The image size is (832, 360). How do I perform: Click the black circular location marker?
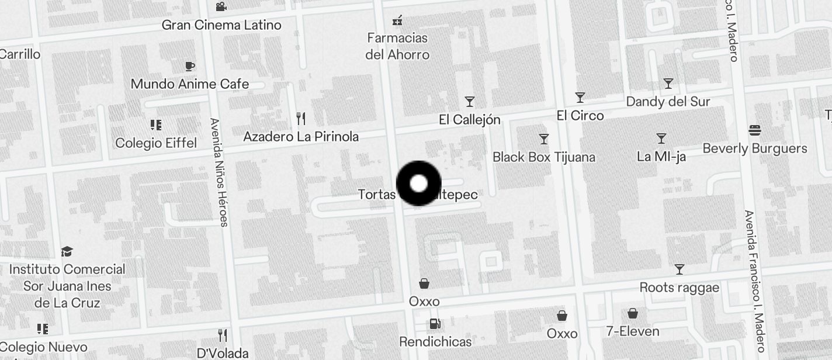coord(418,184)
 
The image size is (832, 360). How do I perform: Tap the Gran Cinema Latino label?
coord(221,25)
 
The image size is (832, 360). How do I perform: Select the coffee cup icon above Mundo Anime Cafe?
coord(189,66)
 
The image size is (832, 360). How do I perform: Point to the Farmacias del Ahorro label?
coord(397,46)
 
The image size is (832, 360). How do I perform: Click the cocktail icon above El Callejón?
coord(470,102)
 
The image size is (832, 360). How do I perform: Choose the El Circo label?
coord(580,116)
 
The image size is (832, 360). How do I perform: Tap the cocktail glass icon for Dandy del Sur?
coord(668,84)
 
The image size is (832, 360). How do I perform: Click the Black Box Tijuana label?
coord(544,157)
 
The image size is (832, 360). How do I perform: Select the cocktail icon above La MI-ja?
coord(661,139)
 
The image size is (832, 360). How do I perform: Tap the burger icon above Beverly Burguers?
coord(755,130)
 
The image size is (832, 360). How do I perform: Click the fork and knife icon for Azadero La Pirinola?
coord(301,119)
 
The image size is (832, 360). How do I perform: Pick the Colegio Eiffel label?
coord(156,143)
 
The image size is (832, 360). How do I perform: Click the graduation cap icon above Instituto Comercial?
coord(67,252)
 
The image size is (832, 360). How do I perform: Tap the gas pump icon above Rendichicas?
coord(435,323)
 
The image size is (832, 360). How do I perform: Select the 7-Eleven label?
coord(633,331)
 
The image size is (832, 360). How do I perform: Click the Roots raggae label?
coord(680,288)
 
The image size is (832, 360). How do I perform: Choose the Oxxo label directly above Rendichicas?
coord(424,302)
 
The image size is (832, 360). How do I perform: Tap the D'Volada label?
coord(223,354)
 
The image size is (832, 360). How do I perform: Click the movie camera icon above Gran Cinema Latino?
coord(221,7)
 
